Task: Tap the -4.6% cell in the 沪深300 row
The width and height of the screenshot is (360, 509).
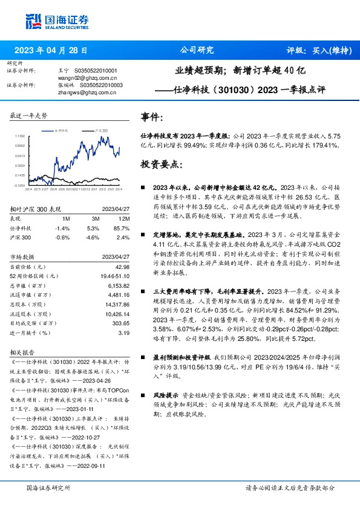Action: (93, 238)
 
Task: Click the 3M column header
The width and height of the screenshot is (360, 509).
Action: (93, 218)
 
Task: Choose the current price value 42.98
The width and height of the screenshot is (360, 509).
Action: (122, 267)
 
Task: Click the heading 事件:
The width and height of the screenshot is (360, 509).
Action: (151, 117)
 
